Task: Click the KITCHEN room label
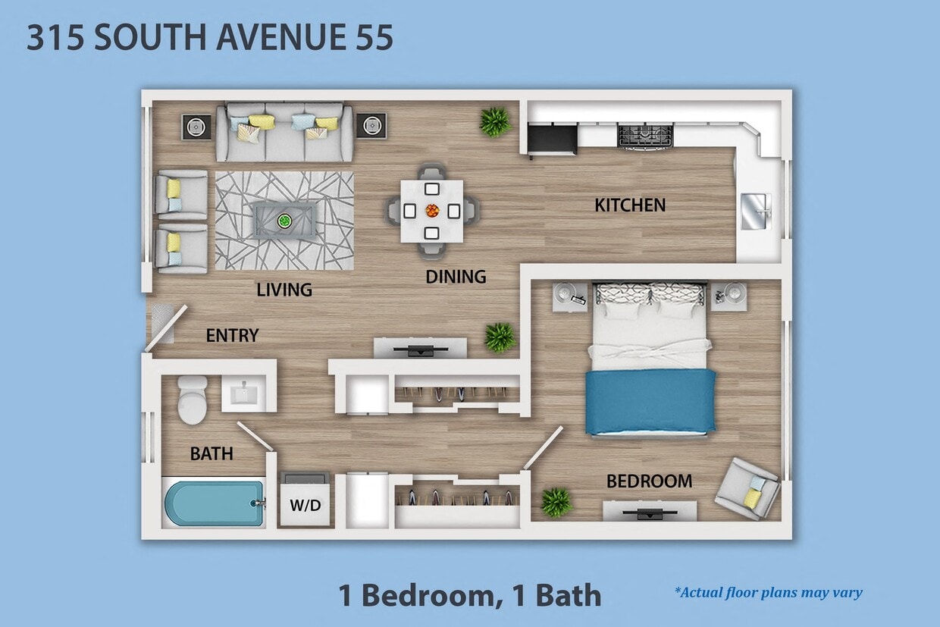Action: coord(629,205)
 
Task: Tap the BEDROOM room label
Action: coord(649,481)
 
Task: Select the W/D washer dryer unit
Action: coord(305,503)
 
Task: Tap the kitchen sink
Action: coord(755,211)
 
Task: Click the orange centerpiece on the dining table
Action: coord(432,210)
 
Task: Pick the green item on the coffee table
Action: coord(284,221)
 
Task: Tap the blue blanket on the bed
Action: coord(650,402)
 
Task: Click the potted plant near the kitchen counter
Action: coord(495,121)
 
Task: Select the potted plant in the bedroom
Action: coord(556,502)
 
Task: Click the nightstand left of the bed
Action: coord(569,296)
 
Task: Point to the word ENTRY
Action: coord(232,335)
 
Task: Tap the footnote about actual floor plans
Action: coord(767,593)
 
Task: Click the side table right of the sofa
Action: coord(371,125)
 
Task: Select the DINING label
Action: coord(455,277)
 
